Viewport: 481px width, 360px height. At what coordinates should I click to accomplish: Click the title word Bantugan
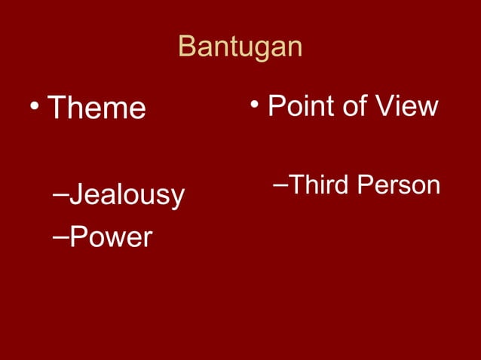(x=240, y=47)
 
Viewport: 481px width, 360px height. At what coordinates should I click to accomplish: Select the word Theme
(x=96, y=108)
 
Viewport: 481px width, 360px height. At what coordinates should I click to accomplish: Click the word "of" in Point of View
(x=349, y=106)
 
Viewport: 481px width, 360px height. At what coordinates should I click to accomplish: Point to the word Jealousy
(x=126, y=195)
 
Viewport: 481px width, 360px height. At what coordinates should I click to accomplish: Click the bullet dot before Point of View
(x=256, y=104)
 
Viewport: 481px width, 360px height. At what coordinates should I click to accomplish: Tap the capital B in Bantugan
(x=187, y=47)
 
